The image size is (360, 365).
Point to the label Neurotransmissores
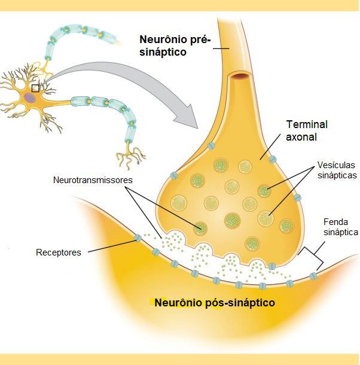92,180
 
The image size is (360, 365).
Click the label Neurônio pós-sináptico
215,302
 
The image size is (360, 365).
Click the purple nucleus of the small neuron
29,96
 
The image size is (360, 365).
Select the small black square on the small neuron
35,87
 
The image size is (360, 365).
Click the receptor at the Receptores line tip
138,238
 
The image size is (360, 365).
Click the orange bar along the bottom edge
179,359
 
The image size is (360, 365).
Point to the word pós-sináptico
240,302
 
